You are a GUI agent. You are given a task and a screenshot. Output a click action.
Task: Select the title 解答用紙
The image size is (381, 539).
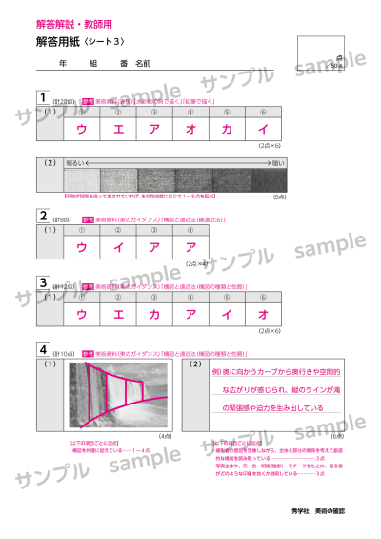tap(55, 42)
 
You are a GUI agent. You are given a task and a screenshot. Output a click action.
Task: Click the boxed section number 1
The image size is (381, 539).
tap(42, 97)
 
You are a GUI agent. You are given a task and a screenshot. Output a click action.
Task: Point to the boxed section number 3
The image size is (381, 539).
tap(42, 282)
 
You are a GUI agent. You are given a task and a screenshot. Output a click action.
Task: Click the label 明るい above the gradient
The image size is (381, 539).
tap(75, 163)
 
